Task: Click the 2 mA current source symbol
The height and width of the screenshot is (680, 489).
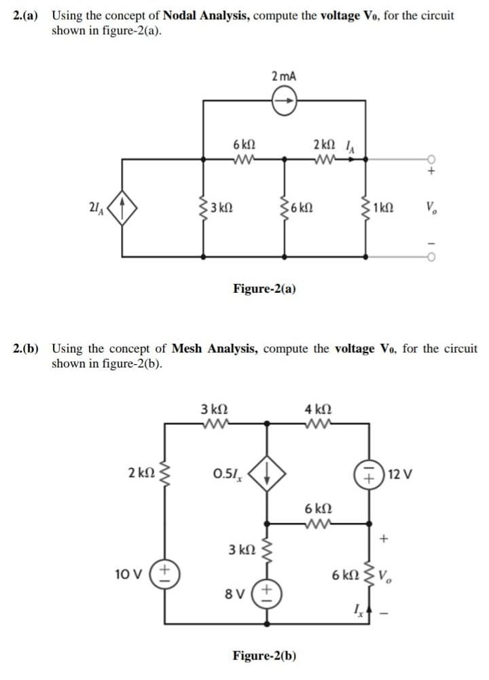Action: coord(284,101)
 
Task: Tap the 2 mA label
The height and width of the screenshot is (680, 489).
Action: coord(283,76)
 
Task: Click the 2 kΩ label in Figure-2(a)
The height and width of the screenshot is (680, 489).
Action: coord(324,145)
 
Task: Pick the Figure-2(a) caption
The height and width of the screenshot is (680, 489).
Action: coord(264,289)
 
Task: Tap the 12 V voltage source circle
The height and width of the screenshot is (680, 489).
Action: coord(369,473)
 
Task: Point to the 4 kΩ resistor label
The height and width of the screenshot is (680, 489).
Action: coord(318,410)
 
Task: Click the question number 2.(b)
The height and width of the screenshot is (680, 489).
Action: coord(26,348)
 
